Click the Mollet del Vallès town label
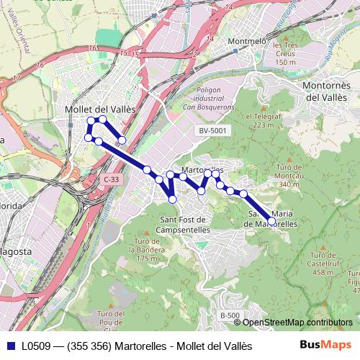[91, 109]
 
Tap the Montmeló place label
[246, 41]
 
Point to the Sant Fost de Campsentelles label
[183, 225]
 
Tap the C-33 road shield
[110, 179]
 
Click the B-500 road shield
[230, 315]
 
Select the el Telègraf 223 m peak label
[261, 120]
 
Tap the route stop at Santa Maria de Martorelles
[271, 221]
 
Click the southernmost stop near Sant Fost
[173, 199]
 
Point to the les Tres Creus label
[285, 54]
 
